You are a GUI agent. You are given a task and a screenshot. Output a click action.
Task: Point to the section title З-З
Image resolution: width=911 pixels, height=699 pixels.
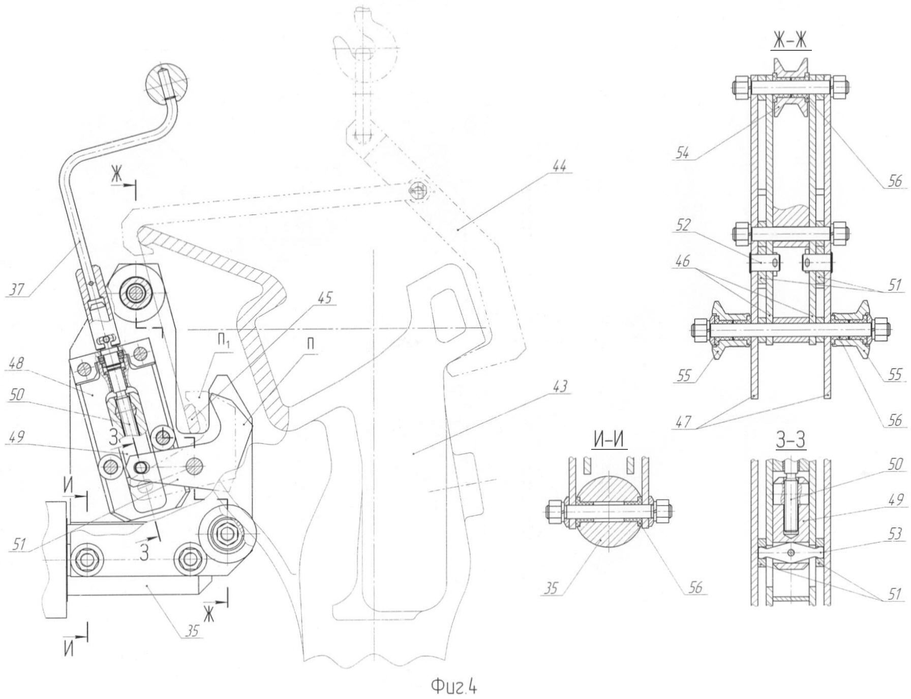click(791, 441)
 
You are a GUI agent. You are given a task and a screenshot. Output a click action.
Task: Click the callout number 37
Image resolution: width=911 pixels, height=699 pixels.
click(17, 289)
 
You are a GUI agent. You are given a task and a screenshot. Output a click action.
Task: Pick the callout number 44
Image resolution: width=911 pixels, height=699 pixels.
click(558, 166)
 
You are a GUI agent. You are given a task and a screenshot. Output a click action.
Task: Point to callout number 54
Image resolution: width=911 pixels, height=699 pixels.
click(684, 153)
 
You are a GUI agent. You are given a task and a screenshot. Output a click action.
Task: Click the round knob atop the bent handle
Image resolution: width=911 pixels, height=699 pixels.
click(166, 84)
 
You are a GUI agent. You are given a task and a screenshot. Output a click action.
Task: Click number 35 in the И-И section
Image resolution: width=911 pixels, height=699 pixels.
click(551, 589)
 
